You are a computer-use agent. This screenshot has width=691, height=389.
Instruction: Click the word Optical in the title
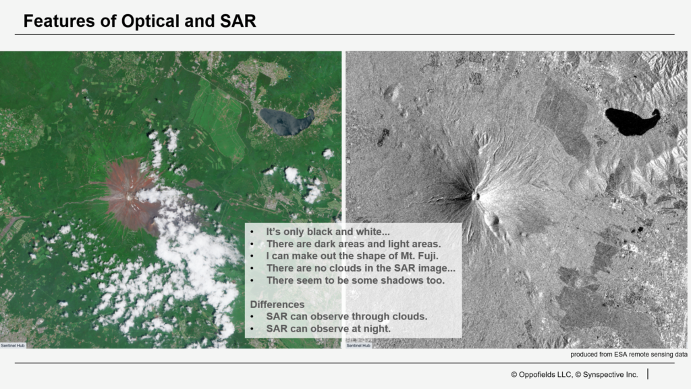[x=149, y=21]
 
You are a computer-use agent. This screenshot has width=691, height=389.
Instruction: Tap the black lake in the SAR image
[x=632, y=121]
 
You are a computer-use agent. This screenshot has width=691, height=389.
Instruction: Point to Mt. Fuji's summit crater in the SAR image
[x=476, y=195]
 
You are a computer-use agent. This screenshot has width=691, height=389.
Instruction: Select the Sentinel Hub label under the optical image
[x=13, y=345]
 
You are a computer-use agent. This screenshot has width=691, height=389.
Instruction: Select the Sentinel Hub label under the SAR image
[x=358, y=345]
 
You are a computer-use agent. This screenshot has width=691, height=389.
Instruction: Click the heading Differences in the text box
[x=277, y=305]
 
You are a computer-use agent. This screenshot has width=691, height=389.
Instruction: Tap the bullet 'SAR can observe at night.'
[x=329, y=329]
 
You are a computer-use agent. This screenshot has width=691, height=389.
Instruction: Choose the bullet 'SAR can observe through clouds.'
[x=346, y=316]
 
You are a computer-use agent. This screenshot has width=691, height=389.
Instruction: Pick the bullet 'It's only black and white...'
[x=328, y=232]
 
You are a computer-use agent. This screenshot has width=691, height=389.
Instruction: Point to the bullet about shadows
[x=355, y=280]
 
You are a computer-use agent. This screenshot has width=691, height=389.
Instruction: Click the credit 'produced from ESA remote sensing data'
[x=629, y=354]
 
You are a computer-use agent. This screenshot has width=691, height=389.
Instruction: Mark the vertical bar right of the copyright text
[x=648, y=374]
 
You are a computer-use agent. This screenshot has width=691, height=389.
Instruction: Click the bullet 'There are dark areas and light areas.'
[x=354, y=244]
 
